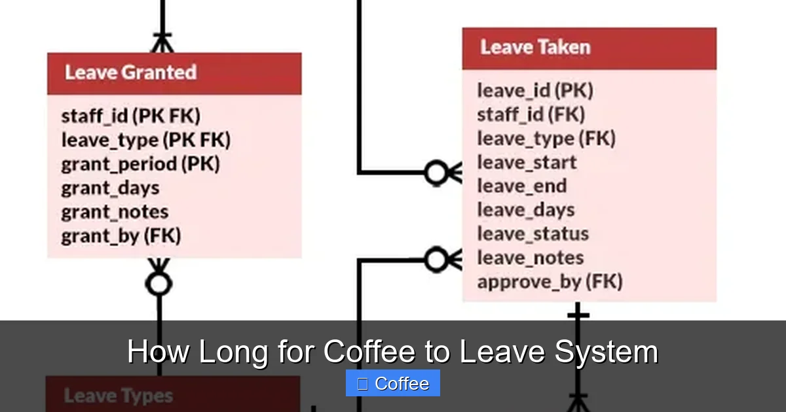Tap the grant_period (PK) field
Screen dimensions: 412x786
tap(140, 164)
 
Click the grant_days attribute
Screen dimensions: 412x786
tap(110, 188)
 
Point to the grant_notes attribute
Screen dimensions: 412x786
tap(115, 212)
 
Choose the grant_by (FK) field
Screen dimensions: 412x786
tap(121, 235)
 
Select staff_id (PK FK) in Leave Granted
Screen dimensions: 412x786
tap(131, 116)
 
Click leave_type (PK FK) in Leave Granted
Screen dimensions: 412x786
tap(145, 140)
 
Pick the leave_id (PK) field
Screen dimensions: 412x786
tap(534, 90)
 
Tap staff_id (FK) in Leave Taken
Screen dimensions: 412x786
tap(531, 114)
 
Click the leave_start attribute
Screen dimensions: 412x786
tap(527, 162)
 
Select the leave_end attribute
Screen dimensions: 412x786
tap(521, 186)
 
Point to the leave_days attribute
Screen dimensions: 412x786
tap(525, 210)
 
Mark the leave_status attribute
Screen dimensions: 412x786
tap(533, 233)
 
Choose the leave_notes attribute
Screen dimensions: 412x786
tap(530, 258)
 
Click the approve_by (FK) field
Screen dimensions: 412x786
tap(550, 282)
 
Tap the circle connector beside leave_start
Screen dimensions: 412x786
tap(436, 173)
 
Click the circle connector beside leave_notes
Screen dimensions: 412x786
tap(436, 260)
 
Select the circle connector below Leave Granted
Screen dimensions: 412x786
tap(159, 284)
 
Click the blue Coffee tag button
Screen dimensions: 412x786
tap(393, 383)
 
